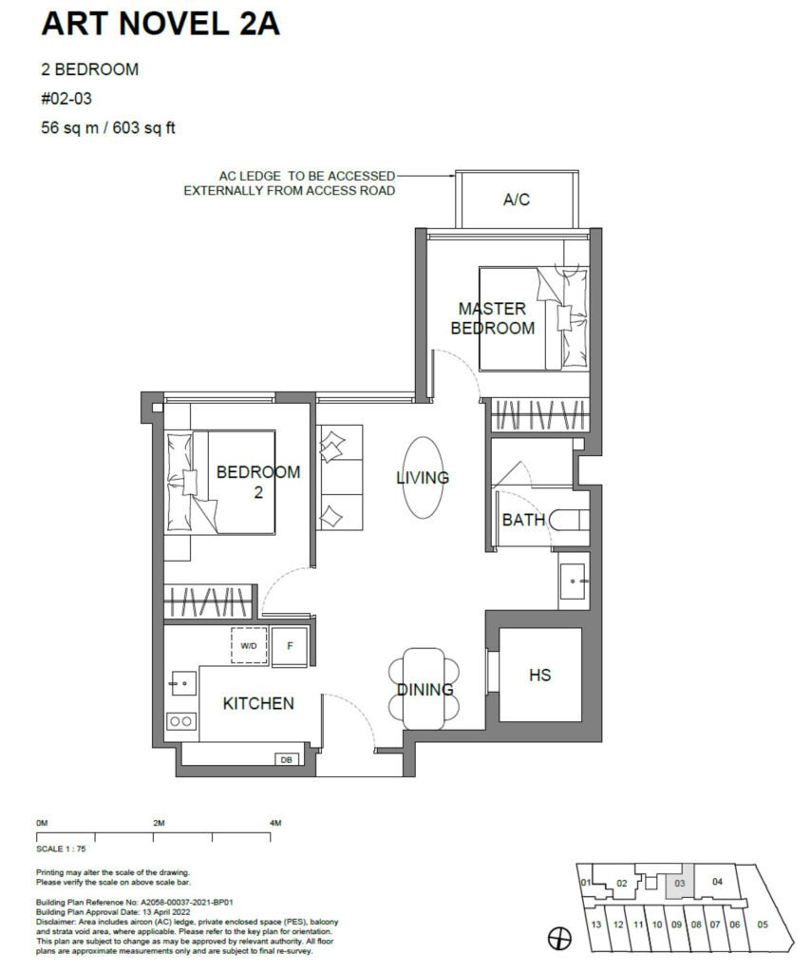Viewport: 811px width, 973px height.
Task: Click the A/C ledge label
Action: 517,200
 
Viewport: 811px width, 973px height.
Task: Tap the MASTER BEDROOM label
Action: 493,318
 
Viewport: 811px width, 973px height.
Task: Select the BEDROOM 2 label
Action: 258,482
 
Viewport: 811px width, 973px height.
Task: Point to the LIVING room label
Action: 423,478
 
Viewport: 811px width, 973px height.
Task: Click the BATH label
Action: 524,520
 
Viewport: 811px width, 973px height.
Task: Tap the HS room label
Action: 540,676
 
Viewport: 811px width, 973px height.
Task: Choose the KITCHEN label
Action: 258,703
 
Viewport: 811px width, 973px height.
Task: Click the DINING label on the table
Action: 425,690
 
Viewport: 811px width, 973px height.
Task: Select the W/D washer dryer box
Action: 249,645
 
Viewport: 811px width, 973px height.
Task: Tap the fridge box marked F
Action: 290,646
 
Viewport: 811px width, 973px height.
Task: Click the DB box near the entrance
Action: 287,759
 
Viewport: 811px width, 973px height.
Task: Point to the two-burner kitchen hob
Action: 181,721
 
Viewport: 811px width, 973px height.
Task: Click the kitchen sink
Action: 182,683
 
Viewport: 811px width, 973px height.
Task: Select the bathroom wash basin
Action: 573,582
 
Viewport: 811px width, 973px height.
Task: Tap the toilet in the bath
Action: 568,520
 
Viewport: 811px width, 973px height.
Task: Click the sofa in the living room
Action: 340,478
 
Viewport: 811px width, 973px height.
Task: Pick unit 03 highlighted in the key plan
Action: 680,883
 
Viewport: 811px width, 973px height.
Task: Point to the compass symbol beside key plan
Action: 559,939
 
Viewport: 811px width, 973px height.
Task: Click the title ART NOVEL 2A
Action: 160,24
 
